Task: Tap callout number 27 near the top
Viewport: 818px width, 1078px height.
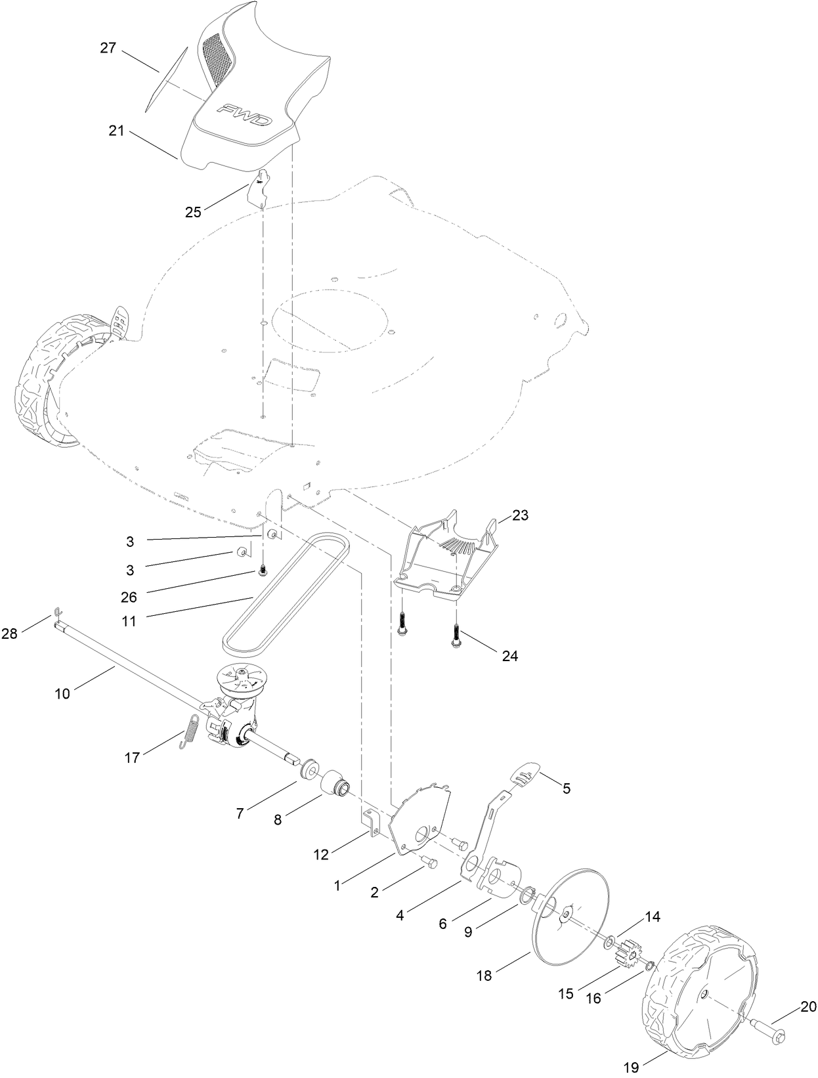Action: pos(108,48)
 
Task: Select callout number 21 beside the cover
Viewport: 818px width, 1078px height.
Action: pos(116,131)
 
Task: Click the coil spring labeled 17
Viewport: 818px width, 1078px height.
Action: pos(190,729)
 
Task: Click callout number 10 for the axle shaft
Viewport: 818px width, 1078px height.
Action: pos(62,693)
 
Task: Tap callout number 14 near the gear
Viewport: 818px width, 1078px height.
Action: pos(653,916)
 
